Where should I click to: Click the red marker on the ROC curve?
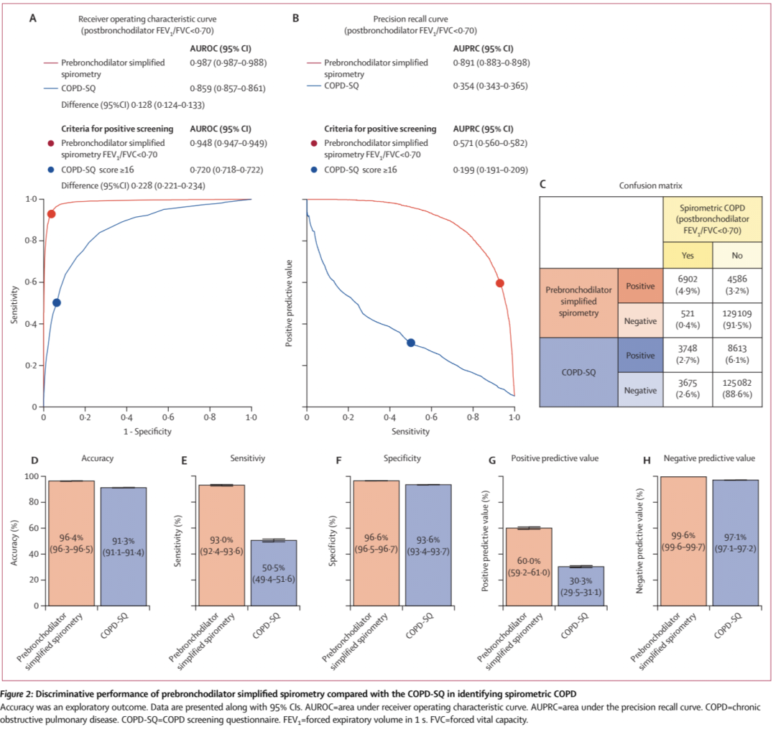[x=51, y=214]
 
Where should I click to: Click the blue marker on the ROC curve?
[x=57, y=302]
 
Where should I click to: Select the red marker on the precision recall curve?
[x=500, y=283]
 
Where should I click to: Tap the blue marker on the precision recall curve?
[x=411, y=343]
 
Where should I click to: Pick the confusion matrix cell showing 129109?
[x=737, y=320]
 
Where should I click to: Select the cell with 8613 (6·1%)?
[x=737, y=355]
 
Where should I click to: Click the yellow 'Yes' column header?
[x=687, y=254]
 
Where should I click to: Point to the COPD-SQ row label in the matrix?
[x=578, y=374]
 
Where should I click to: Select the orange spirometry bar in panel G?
[x=529, y=567]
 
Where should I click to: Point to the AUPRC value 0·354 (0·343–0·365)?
[x=489, y=86]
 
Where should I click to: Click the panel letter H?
[x=647, y=458]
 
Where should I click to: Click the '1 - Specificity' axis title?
[x=147, y=431]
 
